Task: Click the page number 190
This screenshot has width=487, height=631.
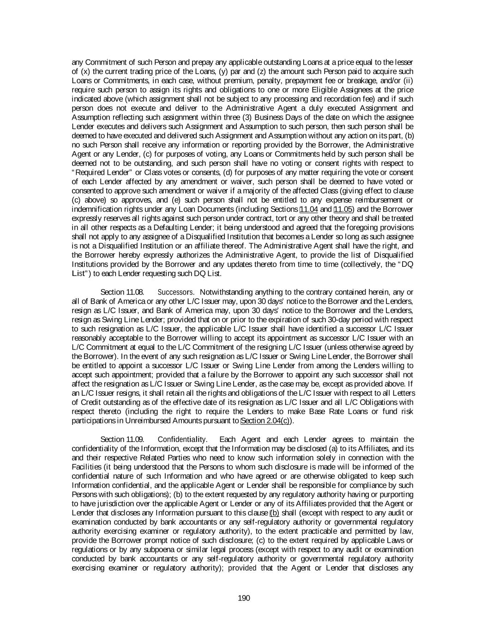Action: [244, 599]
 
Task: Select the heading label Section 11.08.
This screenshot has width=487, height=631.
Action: [122, 292]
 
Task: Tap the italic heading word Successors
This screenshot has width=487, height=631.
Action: [175, 292]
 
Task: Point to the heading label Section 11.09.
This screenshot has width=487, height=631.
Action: [122, 439]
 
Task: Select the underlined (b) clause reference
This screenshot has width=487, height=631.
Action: [274, 513]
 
